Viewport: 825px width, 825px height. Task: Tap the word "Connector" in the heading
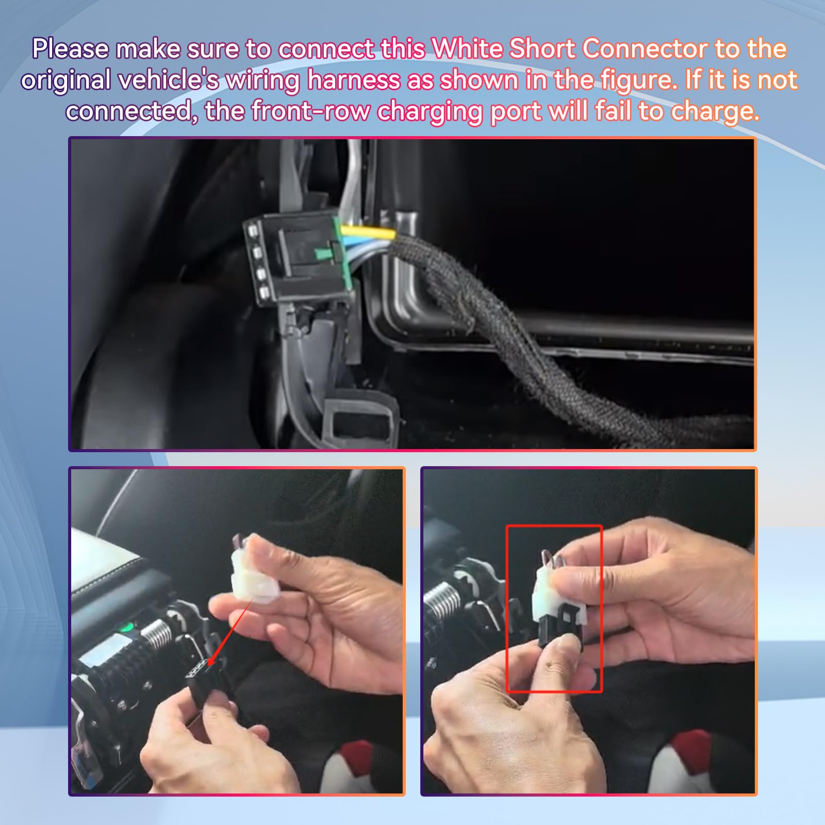[x=645, y=49]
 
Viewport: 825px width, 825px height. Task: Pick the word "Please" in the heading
[x=71, y=49]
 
